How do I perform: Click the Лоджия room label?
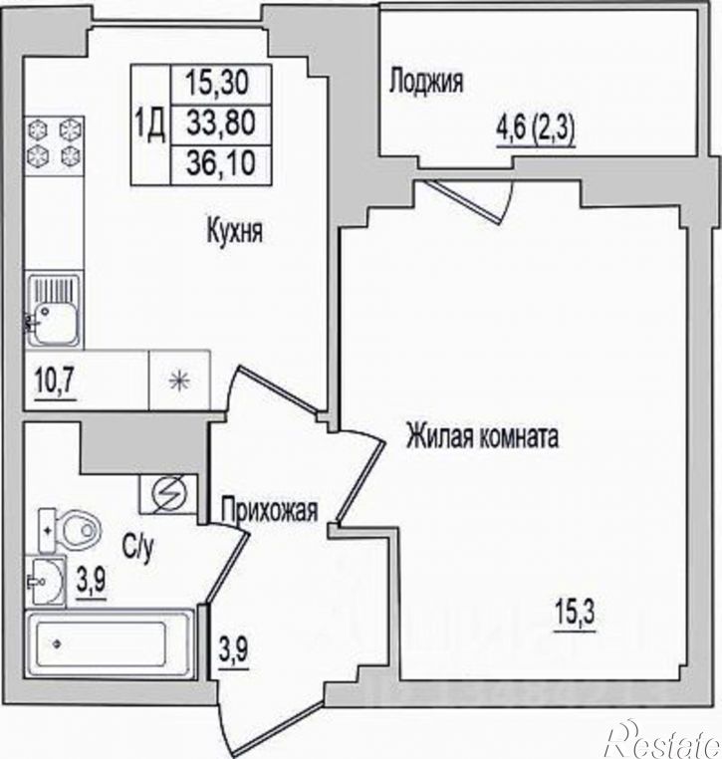pyautogui.click(x=426, y=81)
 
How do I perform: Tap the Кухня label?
pyautogui.click(x=235, y=231)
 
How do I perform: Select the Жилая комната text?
pyautogui.click(x=482, y=435)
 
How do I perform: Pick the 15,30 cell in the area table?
pyautogui.click(x=221, y=84)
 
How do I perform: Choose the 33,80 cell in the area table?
pyautogui.click(x=221, y=124)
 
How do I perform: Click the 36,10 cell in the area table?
pyautogui.click(x=221, y=163)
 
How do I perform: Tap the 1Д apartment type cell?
pyautogui.click(x=150, y=125)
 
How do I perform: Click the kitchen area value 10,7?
pyautogui.click(x=56, y=382)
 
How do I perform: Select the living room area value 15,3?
pyautogui.click(x=574, y=615)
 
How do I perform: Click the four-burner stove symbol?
pyautogui.click(x=55, y=145)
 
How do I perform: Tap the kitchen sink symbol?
pyautogui.click(x=53, y=311)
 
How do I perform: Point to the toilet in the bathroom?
pyautogui.click(x=69, y=531)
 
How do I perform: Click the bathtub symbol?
pyautogui.click(x=110, y=643)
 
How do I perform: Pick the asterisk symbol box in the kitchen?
pyautogui.click(x=179, y=380)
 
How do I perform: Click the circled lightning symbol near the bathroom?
pyautogui.click(x=169, y=494)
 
